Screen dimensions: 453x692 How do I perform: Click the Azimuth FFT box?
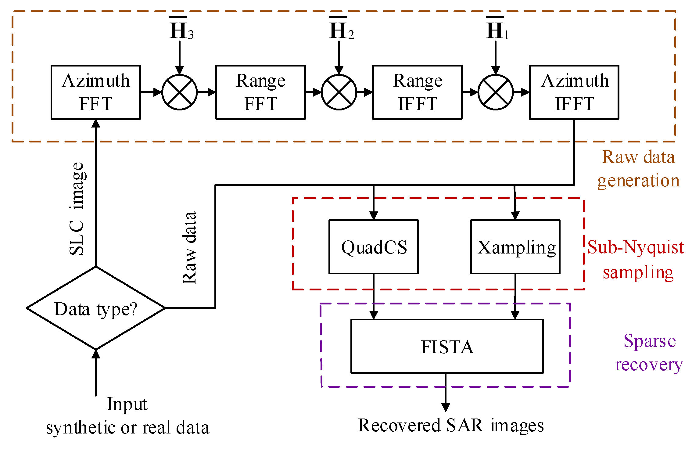[95, 92]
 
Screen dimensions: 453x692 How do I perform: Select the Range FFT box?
[260, 92]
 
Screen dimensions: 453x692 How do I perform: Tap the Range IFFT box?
[417, 92]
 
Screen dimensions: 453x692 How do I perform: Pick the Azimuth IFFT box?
[574, 92]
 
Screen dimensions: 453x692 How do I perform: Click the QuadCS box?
[374, 247]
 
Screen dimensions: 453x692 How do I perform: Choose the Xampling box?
[515, 247]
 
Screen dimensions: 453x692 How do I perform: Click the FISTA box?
[447, 346]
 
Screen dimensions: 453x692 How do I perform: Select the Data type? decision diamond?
[96, 308]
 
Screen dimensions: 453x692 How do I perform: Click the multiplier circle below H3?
[179, 92]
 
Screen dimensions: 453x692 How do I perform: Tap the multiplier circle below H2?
[339, 92]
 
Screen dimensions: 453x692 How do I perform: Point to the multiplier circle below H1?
[496, 92]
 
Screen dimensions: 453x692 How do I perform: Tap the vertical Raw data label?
[189, 248]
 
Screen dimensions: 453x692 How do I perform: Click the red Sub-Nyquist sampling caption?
[636, 259]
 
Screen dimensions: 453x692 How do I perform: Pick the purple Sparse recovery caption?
[649, 352]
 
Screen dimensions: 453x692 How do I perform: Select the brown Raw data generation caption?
[639, 169]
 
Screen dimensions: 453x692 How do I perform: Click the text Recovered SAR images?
[450, 425]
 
